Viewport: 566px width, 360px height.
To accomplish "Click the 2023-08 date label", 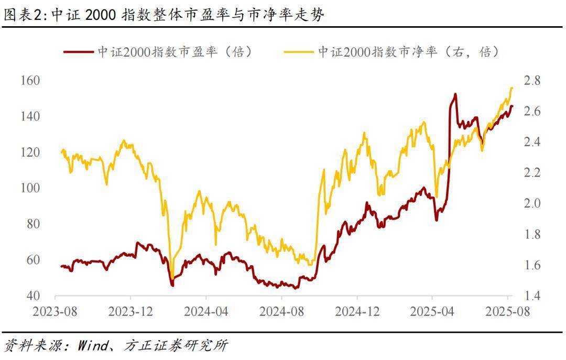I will tap(55, 312).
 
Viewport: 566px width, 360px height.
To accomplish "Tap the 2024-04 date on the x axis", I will tap(206, 312).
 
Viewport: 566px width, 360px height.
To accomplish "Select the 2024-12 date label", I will tap(357, 312).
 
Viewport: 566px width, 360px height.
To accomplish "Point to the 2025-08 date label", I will tap(507, 312).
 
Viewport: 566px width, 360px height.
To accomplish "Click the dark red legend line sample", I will tap(79, 52).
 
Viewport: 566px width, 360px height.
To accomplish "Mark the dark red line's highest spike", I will tap(454, 94).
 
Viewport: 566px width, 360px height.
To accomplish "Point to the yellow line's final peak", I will tap(511, 88).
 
